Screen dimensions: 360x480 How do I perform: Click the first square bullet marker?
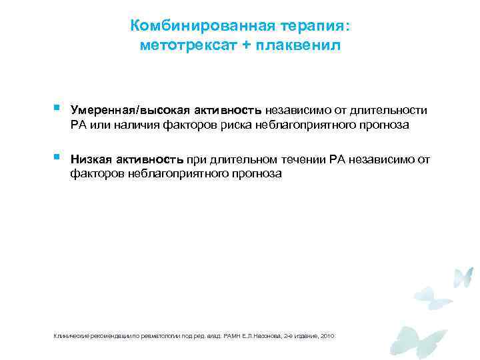(58, 107)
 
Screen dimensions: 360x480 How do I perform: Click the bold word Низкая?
(91, 160)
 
